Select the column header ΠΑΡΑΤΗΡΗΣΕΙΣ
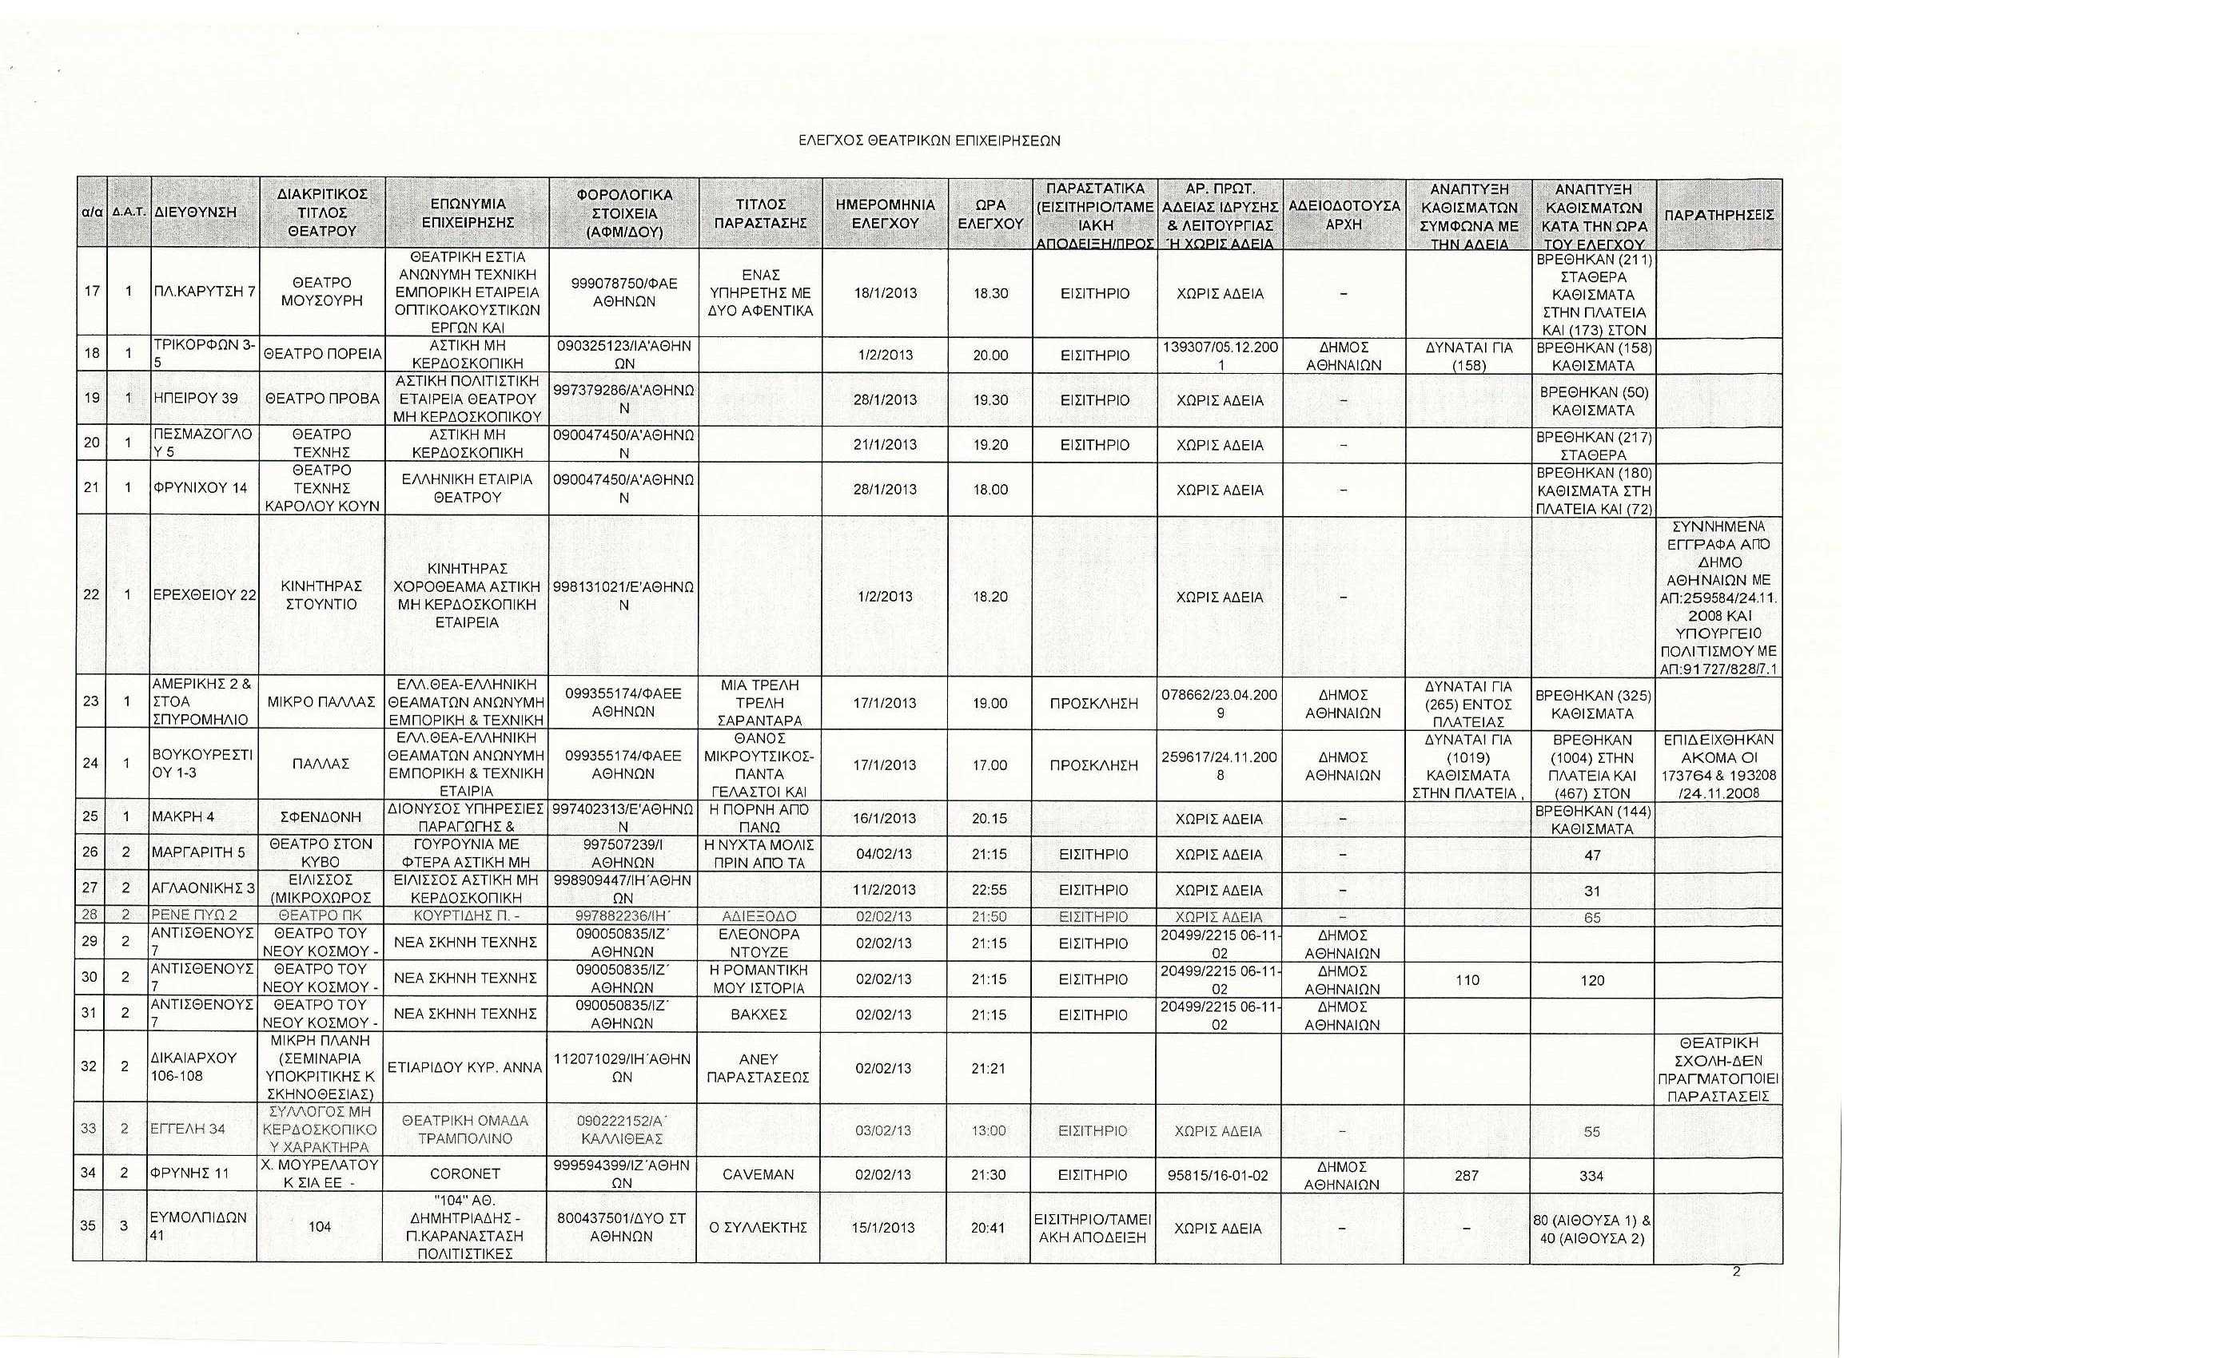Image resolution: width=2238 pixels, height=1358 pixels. [x=1718, y=215]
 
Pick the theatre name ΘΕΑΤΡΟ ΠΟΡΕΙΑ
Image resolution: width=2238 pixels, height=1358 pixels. [x=321, y=355]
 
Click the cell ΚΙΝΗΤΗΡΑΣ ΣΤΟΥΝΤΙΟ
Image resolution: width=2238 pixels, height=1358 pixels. [x=321, y=595]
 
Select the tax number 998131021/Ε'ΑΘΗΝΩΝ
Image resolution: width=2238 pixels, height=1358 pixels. [x=623, y=595]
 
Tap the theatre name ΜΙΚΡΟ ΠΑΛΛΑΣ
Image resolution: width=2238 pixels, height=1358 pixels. [x=321, y=701]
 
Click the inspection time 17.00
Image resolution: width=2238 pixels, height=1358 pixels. [x=990, y=765]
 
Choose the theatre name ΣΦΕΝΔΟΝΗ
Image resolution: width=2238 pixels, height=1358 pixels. [x=321, y=817]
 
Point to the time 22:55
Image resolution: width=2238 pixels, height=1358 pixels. [x=990, y=890]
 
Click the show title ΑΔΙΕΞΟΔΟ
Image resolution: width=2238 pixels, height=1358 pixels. [x=759, y=917]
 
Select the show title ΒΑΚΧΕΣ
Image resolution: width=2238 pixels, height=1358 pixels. [x=759, y=1014]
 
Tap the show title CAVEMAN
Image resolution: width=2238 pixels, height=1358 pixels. [x=759, y=1174]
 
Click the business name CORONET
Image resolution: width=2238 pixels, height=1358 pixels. [x=466, y=1174]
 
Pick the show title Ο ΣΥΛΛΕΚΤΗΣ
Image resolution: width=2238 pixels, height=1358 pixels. [x=759, y=1227]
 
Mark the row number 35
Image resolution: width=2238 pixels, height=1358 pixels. [x=88, y=1226]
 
